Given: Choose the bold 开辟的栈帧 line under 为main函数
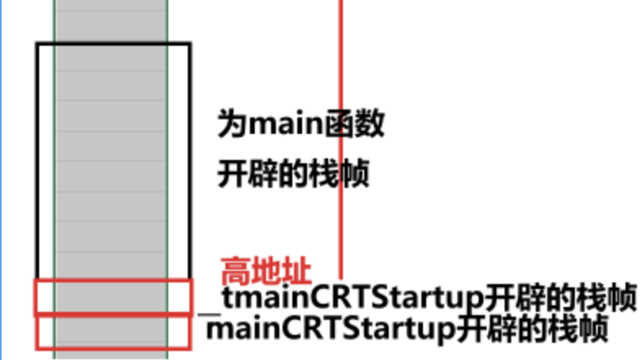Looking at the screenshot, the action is (x=294, y=174).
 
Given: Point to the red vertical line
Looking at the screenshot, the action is (x=340, y=82).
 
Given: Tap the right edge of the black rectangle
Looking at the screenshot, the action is (x=189, y=163).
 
